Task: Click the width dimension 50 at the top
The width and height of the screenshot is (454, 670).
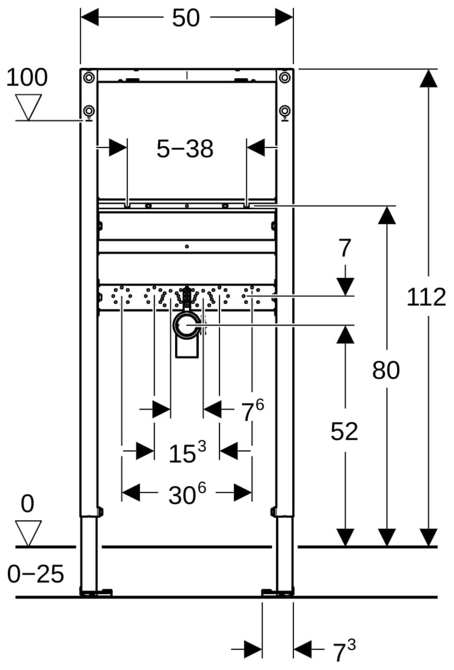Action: [185, 18]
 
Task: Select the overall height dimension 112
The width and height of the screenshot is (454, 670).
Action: [426, 298]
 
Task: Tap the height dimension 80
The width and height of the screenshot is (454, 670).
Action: [386, 370]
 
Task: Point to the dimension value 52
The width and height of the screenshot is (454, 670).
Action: [344, 431]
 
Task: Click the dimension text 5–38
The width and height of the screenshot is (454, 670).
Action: [185, 149]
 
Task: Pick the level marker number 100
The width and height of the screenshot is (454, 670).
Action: [27, 78]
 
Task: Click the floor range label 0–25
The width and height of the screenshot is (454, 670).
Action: [36, 574]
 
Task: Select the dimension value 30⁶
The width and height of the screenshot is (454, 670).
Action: [187, 495]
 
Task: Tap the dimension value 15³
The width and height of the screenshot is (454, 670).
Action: [187, 453]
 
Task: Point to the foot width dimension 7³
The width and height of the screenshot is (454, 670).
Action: [344, 652]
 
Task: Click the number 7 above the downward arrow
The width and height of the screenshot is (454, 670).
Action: [345, 248]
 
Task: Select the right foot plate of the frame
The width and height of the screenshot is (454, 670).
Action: [277, 592]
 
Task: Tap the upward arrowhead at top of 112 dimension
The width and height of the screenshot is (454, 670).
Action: [429, 79]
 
